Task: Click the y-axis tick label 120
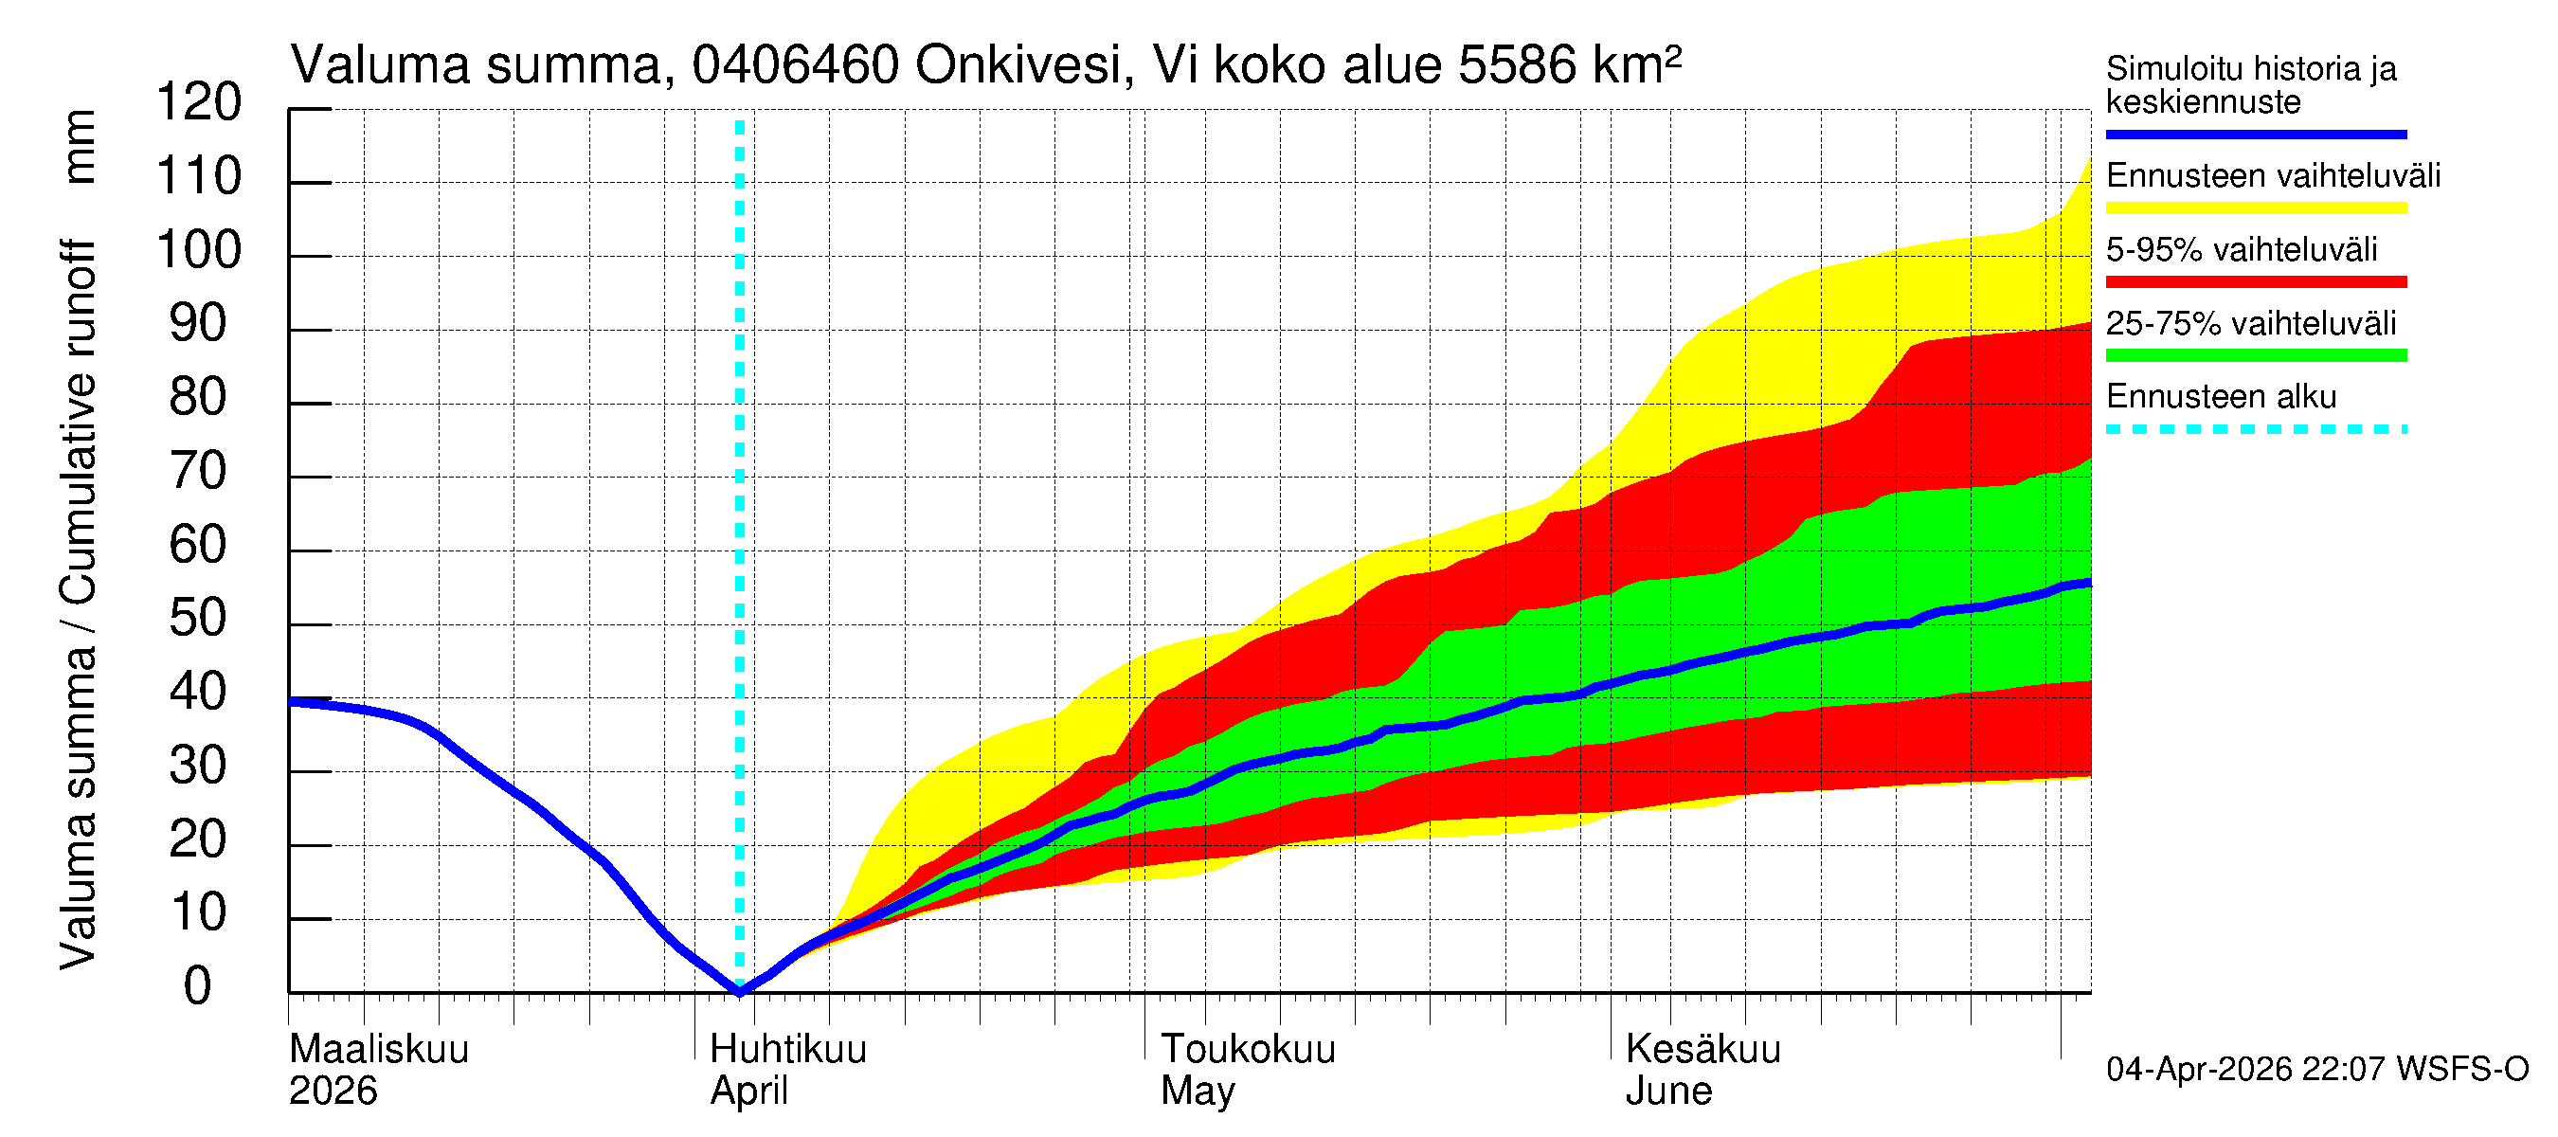click(199, 102)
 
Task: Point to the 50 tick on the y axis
click(199, 619)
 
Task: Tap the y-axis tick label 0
click(198, 986)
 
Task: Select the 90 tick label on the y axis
click(199, 324)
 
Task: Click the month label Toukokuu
click(1249, 1049)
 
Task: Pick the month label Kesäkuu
click(1703, 1049)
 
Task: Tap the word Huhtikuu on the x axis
click(788, 1049)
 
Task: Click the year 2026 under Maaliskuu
click(333, 1091)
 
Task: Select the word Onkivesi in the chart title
click(1018, 65)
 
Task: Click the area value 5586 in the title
click(1517, 65)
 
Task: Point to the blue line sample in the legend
click(2255, 134)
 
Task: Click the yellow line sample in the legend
click(2255, 208)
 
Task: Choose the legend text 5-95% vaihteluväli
click(2242, 249)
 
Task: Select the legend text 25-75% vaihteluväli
click(2250, 324)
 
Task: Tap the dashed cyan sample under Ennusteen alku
click(2255, 430)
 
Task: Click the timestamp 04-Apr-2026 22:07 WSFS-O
click(2316, 1069)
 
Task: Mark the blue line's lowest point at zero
click(740, 991)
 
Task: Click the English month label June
click(1668, 1091)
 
